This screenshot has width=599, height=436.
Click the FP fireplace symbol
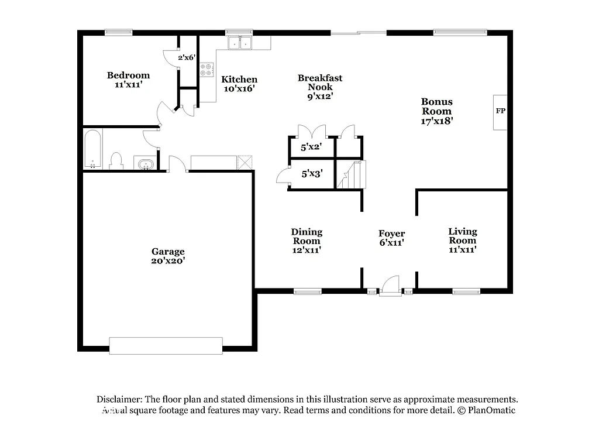point(500,112)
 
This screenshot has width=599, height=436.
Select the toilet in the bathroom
point(116,160)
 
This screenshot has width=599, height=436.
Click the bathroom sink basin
point(144,163)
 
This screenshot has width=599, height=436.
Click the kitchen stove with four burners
point(207,70)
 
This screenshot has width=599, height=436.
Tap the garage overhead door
point(166,345)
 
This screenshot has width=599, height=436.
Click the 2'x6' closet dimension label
point(187,57)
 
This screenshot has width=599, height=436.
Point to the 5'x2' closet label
point(311,147)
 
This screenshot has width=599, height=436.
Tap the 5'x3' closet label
point(311,174)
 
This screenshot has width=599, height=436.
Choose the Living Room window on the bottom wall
point(466,291)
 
